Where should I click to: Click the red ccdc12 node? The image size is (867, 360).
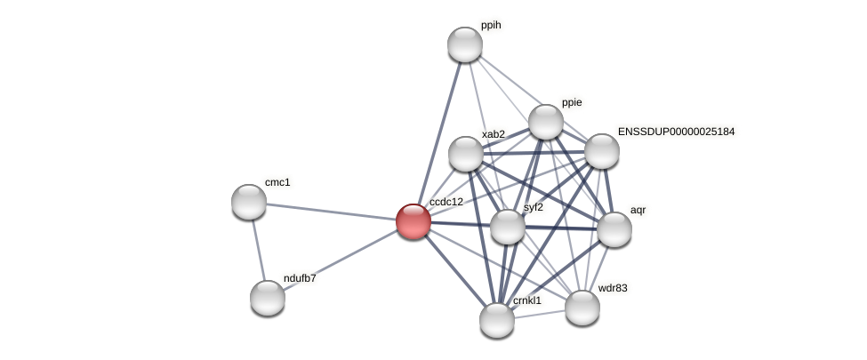pos(413,220)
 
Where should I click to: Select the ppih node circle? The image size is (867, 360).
pos(464,44)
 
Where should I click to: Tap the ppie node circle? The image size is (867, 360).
pos(545,122)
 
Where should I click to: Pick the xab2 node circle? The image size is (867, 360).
pos(465,154)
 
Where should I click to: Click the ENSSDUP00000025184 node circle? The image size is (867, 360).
pos(601,151)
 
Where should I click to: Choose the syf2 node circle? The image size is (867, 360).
pos(507,227)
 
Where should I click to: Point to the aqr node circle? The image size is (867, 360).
pos(614,229)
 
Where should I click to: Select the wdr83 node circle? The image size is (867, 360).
pos(582,308)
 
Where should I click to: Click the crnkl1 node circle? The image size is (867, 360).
pos(496,320)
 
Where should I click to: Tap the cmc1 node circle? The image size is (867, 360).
pos(249,202)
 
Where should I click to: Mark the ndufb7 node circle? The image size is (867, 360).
pos(267,298)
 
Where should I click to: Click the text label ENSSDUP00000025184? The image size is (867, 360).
pos(676,132)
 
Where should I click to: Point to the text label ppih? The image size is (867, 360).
pos(491,26)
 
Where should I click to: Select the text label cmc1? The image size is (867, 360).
pos(277,182)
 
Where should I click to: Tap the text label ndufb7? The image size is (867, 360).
pos(299,278)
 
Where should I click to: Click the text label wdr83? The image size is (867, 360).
pos(612,288)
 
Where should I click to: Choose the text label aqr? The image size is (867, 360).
pos(638,211)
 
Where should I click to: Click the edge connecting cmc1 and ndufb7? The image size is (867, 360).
pos(258,250)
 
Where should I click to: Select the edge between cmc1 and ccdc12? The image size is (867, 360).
pos(331,212)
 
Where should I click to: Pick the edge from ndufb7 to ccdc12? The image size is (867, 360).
pos(340,260)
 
